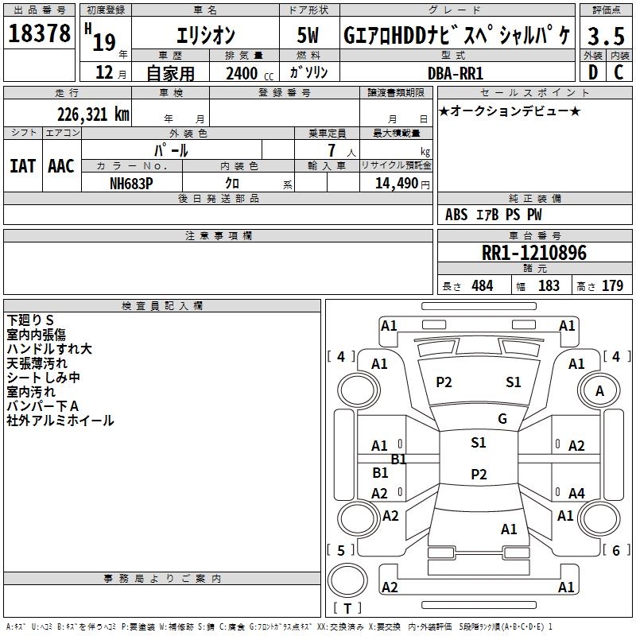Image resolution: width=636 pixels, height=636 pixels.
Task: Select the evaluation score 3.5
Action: pos(604,36)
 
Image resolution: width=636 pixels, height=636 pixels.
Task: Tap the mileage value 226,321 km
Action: pos(93,114)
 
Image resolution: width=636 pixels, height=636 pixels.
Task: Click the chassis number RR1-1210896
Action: pos(534,254)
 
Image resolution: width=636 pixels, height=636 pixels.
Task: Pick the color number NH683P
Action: pos(132,182)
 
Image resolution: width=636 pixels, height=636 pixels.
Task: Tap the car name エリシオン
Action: pos(204,36)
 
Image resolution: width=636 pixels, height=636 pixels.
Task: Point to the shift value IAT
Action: pos(22,165)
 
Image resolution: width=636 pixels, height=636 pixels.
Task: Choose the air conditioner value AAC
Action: pos(61,165)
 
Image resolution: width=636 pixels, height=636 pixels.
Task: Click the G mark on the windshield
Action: pos(502,419)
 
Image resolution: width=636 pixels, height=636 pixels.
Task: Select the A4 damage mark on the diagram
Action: pos(576,494)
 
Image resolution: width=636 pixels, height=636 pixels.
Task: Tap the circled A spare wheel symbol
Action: pos(599,391)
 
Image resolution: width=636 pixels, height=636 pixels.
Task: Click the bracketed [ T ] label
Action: pos(347,609)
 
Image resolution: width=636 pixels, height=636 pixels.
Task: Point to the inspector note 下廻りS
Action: pos(30,320)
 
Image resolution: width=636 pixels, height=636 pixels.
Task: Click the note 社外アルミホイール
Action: pos(60,421)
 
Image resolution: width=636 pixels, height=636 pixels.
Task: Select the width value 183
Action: pos(549,286)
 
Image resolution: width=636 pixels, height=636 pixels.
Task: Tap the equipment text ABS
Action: pos(456,215)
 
